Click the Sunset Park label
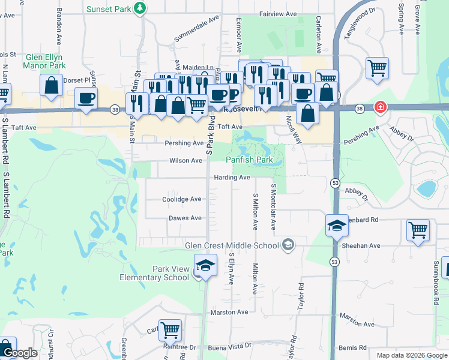pyautogui.click(x=109, y=8)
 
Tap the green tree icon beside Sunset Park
pyautogui.click(x=140, y=8)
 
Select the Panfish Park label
pyautogui.click(x=249, y=160)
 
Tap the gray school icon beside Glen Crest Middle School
pyautogui.click(x=289, y=244)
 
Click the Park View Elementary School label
pyautogui.click(x=154, y=273)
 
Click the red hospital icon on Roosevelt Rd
pyautogui.click(x=379, y=107)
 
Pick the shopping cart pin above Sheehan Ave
pyautogui.click(x=418, y=229)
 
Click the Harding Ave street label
pyautogui.click(x=232, y=178)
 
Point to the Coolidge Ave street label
pyautogui.click(x=181, y=199)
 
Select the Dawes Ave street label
pyautogui.click(x=185, y=218)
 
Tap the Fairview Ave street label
pyautogui.click(x=278, y=13)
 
